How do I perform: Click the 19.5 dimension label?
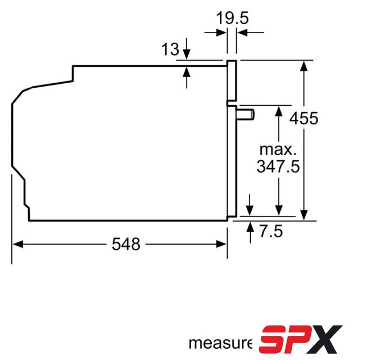click(232, 18)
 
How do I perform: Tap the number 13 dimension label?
click(170, 49)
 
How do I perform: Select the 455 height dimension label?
click(304, 118)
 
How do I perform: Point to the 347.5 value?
click(278, 166)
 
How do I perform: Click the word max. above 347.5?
click(278, 150)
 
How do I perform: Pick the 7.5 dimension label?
click(271, 231)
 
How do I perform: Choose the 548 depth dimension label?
click(126, 244)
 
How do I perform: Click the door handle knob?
click(246, 115)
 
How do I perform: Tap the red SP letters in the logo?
click(283, 340)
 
